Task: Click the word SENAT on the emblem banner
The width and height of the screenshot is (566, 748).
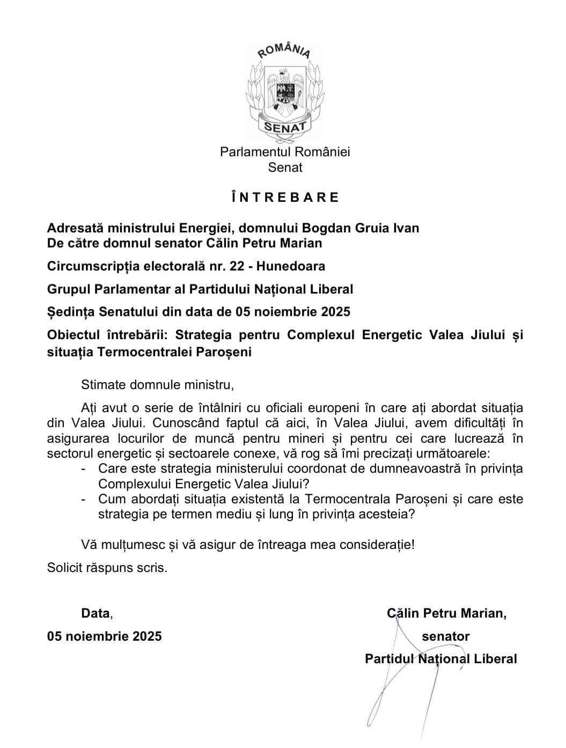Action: click(284, 127)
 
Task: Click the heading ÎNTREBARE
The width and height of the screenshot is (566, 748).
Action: click(285, 197)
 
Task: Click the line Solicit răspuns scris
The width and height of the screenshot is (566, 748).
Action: click(107, 567)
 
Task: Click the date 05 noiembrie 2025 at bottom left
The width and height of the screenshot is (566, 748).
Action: click(105, 636)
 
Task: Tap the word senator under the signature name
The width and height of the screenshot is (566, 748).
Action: click(445, 636)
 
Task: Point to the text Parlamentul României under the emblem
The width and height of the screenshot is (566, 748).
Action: click(285, 152)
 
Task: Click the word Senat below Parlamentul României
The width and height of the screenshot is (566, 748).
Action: click(285, 167)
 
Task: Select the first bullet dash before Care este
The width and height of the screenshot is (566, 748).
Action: click(84, 468)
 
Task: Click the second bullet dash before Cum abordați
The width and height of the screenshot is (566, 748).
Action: click(84, 499)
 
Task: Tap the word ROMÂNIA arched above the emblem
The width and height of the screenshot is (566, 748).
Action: click(284, 51)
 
